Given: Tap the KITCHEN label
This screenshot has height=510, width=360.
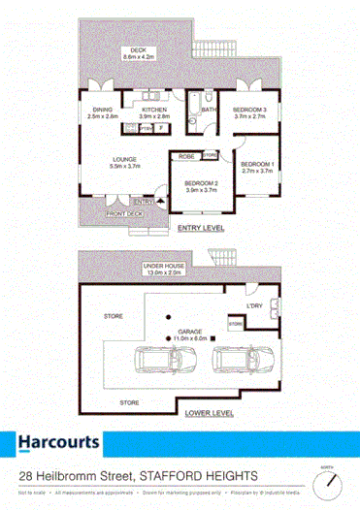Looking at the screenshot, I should click(x=150, y=111).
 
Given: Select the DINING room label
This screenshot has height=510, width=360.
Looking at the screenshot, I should click(x=104, y=111).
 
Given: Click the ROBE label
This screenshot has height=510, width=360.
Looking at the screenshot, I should click(x=186, y=155).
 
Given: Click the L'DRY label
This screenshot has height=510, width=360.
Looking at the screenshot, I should click(x=255, y=306).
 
